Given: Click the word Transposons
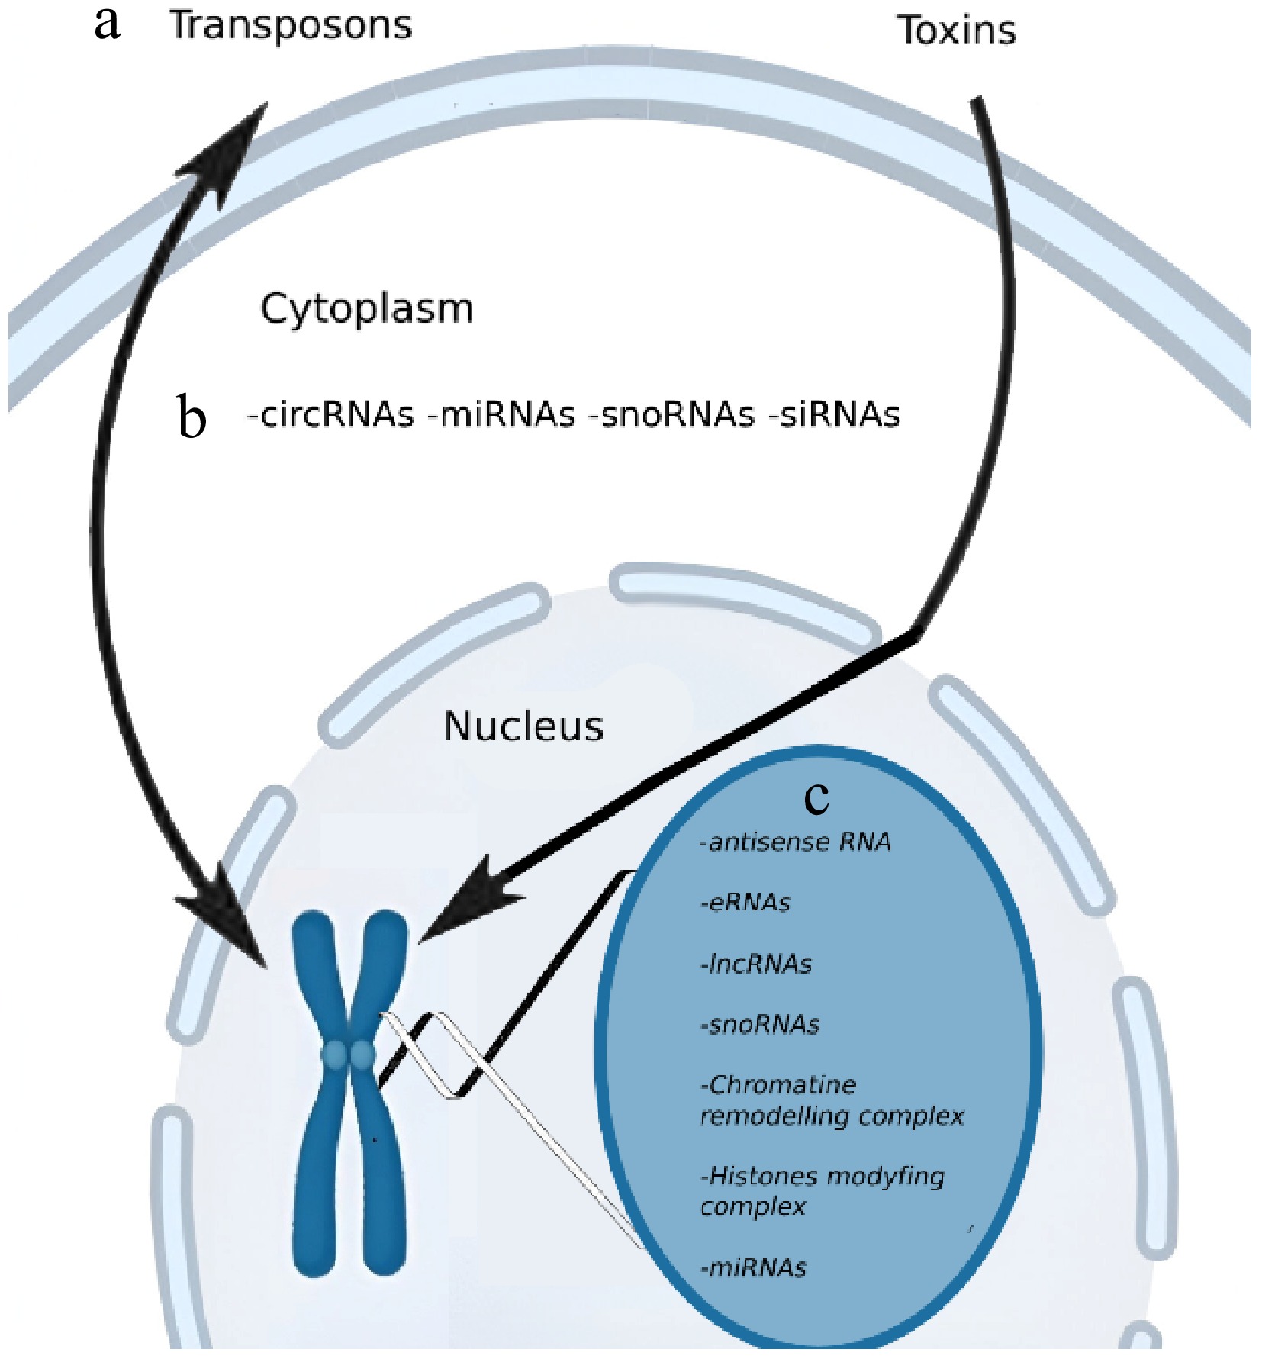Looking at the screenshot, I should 291,25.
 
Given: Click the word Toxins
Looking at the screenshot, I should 956,31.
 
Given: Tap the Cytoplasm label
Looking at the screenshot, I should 366,309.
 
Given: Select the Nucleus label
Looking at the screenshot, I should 523,726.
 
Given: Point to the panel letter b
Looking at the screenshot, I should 192,417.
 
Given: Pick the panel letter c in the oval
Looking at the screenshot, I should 816,798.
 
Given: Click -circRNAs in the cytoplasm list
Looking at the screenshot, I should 330,415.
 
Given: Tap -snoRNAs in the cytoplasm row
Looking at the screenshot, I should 671,415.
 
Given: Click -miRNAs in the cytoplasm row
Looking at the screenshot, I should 501,415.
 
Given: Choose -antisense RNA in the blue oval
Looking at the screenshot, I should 795,842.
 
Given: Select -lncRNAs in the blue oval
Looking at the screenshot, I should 755,965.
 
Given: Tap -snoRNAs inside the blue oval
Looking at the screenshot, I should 759,1025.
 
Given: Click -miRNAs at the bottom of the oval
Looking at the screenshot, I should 752,1268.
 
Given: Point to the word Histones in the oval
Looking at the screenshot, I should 762,1176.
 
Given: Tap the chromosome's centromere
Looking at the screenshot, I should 349,1056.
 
